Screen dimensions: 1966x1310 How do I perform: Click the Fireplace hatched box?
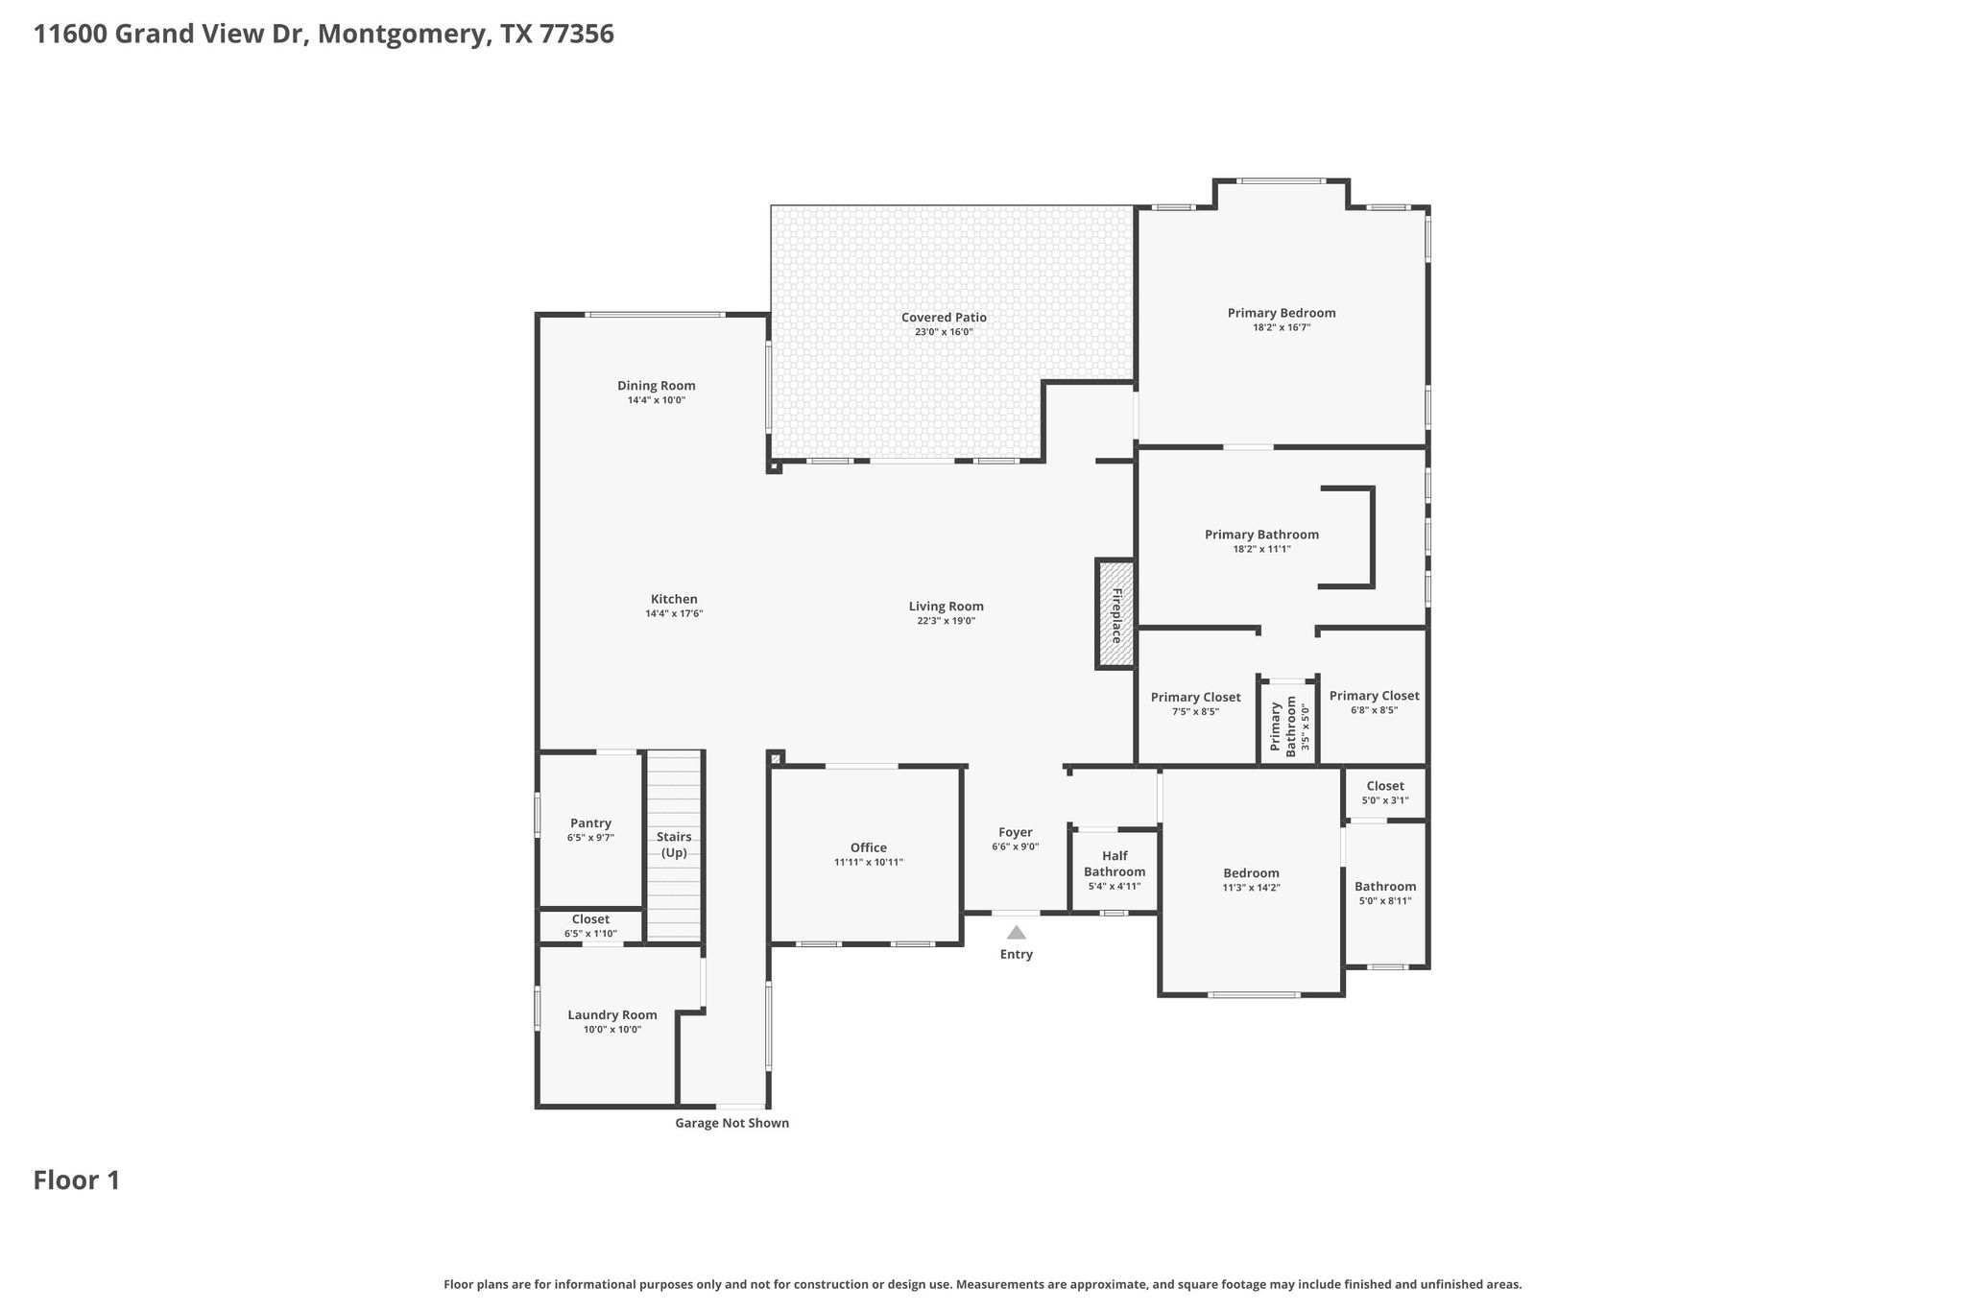1116,613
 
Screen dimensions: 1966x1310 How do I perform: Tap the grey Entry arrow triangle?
1017,932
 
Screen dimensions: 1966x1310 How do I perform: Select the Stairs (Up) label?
674,845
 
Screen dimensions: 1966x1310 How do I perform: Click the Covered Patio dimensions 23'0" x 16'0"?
944,332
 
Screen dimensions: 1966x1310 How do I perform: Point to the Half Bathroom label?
1115,864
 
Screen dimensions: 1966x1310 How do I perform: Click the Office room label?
869,847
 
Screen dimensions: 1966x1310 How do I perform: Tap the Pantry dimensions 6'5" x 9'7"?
590,838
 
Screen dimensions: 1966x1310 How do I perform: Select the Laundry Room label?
612,1015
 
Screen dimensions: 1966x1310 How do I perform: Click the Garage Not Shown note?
732,1123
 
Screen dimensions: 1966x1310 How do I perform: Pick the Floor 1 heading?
77,1180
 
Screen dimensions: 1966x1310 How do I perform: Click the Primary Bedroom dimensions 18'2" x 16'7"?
1282,327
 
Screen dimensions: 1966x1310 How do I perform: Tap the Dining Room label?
657,386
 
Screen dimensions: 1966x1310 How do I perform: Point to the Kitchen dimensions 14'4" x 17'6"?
674,613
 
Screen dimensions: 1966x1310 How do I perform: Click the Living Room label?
947,607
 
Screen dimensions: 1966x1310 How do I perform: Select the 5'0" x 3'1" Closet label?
1385,786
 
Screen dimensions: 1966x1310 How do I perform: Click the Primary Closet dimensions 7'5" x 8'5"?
1195,712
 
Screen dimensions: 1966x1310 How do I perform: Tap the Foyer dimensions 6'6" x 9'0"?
1016,846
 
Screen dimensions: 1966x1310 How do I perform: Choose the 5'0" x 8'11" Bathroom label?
1385,887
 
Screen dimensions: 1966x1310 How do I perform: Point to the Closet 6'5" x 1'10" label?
590,919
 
